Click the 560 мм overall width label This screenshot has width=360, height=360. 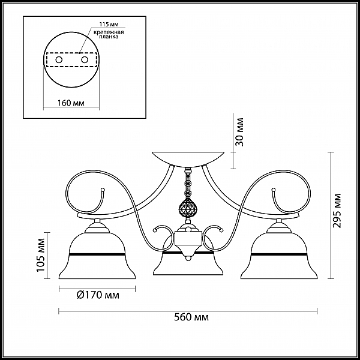[191, 317]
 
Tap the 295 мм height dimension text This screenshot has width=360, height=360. [337, 211]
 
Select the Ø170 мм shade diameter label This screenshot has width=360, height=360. [98, 295]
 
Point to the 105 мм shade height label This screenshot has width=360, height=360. [40, 255]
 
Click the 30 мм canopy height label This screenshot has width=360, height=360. [239, 132]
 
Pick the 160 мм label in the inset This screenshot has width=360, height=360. [71, 103]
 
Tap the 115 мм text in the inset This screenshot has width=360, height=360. [109, 25]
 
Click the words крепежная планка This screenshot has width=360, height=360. [109, 34]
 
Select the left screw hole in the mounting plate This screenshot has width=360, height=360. [59, 60]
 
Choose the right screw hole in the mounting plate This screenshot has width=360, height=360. [85, 60]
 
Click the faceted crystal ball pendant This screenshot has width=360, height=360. [188, 208]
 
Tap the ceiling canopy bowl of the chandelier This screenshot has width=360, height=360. [188, 158]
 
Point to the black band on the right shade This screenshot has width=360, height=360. [279, 254]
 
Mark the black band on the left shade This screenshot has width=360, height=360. [97, 254]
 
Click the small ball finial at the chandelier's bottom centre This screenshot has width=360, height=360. [188, 259]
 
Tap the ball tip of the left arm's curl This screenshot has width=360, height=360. [103, 190]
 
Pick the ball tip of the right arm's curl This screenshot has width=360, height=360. [274, 190]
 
